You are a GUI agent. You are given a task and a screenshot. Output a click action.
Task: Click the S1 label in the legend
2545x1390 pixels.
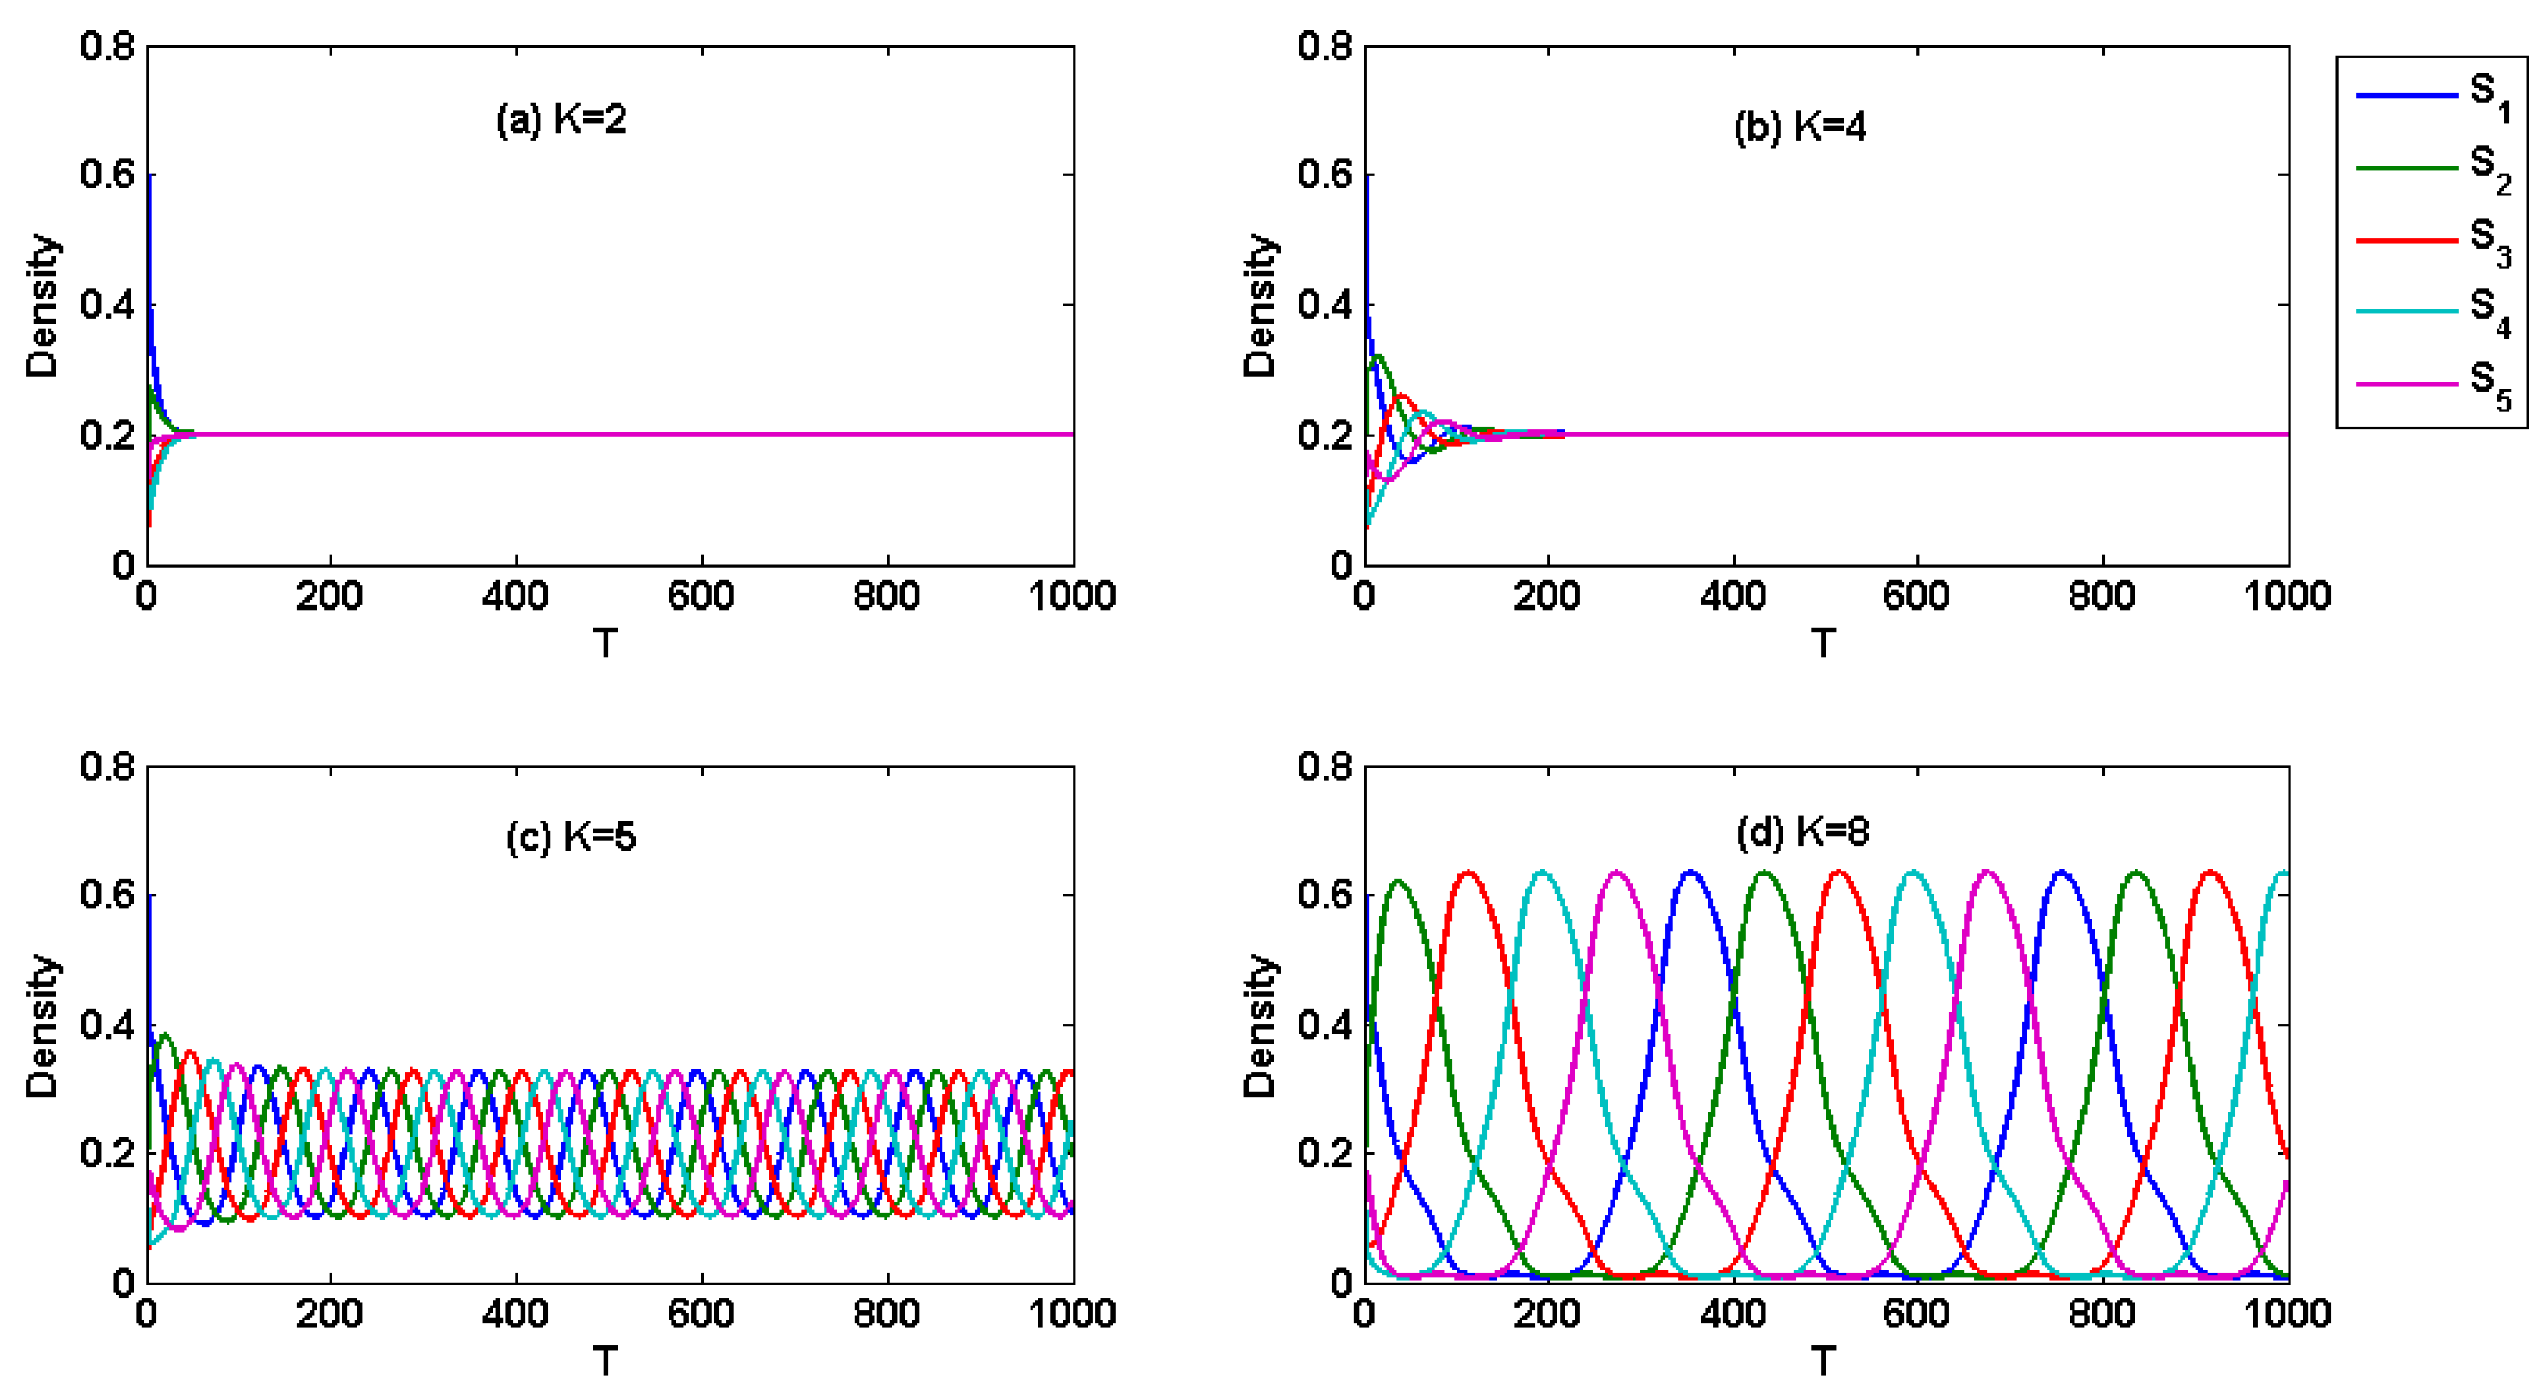click(x=2489, y=96)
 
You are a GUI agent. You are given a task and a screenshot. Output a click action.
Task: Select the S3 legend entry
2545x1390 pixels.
click(x=2489, y=241)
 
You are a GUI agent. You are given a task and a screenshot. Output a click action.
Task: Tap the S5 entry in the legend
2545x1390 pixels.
click(x=2489, y=385)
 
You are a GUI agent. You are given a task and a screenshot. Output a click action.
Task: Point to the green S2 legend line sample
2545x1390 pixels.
click(x=2407, y=168)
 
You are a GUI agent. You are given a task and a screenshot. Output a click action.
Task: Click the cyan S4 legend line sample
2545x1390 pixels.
click(x=2407, y=311)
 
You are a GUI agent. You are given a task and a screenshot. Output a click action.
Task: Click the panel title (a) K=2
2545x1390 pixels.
click(x=561, y=120)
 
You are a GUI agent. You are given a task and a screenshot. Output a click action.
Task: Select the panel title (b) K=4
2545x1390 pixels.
click(x=1800, y=127)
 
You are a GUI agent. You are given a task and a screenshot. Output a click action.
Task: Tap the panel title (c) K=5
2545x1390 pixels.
click(x=571, y=837)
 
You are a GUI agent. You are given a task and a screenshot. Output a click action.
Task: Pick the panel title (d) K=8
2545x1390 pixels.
click(x=1802, y=831)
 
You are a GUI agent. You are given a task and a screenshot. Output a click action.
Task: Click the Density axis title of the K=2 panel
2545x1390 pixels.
click(x=42, y=306)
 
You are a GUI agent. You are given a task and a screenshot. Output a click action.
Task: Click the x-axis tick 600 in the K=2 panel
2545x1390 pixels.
click(x=701, y=596)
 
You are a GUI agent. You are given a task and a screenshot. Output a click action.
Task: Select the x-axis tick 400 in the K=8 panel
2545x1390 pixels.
click(x=1733, y=1314)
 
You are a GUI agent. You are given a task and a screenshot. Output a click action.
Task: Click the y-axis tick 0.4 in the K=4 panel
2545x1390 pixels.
click(x=1324, y=304)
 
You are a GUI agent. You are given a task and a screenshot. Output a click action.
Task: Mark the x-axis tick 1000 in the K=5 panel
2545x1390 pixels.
click(x=1072, y=1314)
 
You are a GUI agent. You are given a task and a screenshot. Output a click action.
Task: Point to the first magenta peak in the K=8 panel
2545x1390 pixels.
click(x=1616, y=872)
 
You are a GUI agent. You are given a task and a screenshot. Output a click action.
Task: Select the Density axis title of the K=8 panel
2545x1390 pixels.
click(x=1260, y=1026)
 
